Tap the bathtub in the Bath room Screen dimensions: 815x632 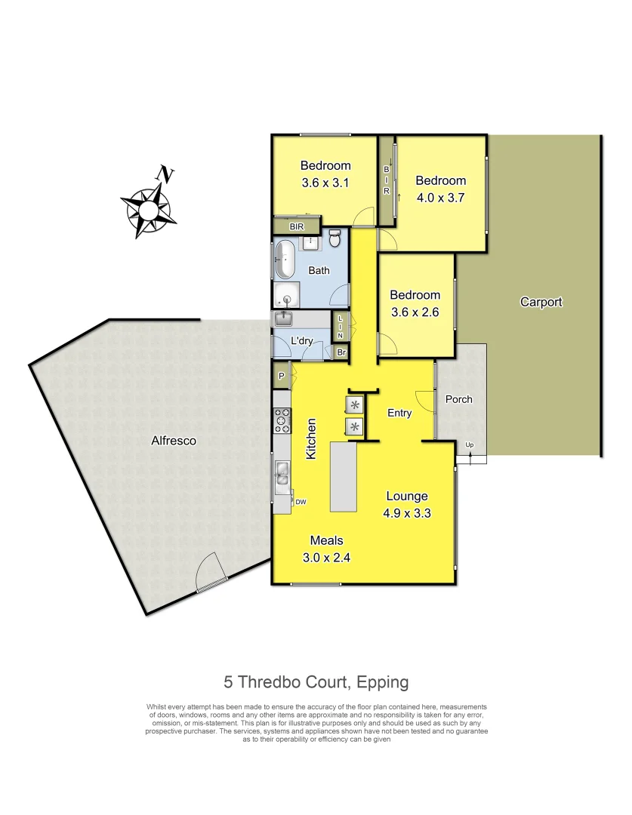pos(285,260)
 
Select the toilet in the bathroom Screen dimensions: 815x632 pos(336,240)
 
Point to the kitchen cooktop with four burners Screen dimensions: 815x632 pos(282,420)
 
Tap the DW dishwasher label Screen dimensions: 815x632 pos(301,502)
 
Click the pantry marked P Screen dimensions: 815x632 pos(281,376)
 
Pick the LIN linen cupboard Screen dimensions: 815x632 pos(341,326)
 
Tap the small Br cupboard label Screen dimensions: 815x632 pos(341,352)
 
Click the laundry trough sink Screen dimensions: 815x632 pos(285,318)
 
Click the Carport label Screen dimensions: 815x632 pos(541,303)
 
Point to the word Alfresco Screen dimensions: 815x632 pos(173,441)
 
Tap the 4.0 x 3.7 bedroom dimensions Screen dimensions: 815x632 pos(440,198)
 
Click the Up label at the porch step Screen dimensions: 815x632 pos(470,444)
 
